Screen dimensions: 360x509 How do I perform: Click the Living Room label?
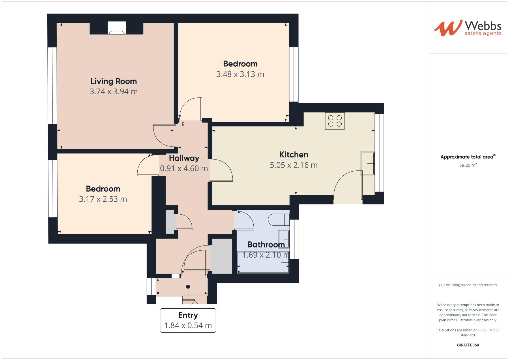point(114,81)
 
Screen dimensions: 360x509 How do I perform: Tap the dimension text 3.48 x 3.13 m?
point(240,74)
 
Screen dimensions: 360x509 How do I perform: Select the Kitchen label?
point(294,154)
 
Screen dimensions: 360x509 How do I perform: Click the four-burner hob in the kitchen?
point(335,121)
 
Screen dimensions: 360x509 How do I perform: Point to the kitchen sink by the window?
point(367,163)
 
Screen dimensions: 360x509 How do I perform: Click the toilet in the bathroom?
point(279,220)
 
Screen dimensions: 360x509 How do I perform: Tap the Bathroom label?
point(266,244)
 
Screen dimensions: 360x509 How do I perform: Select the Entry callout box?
point(188,320)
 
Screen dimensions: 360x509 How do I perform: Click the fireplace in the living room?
point(117,29)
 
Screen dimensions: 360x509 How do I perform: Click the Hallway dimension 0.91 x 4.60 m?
point(184,168)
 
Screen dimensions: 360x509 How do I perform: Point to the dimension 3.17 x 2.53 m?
point(103,199)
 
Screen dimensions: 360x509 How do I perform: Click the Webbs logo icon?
point(448,28)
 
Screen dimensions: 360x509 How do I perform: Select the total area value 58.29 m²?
point(468,165)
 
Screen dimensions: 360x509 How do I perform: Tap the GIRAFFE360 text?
point(468,345)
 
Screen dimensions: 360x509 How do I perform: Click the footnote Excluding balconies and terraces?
point(468,285)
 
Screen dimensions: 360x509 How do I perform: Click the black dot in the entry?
point(188,287)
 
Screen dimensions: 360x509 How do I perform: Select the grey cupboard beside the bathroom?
point(221,256)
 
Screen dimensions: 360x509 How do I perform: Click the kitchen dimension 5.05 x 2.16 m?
point(294,165)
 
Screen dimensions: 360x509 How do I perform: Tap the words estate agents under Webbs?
point(483,33)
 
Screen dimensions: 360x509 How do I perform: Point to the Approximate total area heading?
point(467,157)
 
